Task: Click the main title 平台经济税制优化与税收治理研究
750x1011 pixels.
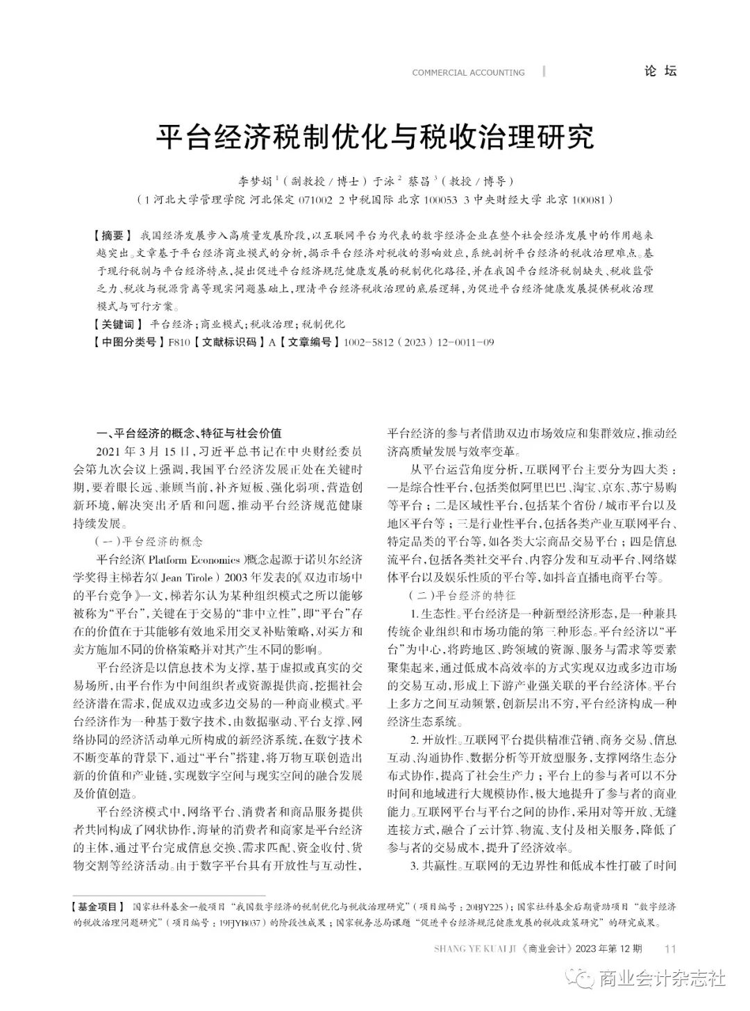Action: pyautogui.click(x=374, y=137)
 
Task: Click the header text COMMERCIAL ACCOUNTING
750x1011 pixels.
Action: pyautogui.click(x=468, y=72)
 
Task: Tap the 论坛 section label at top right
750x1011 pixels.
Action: pyautogui.click(x=659, y=71)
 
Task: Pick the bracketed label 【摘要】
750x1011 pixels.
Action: pyautogui.click(x=111, y=235)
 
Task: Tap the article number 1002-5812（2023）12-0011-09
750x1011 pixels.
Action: pyautogui.click(x=415, y=342)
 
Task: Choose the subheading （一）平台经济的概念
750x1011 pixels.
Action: pyautogui.click(x=149, y=541)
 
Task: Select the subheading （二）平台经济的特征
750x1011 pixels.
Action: pyautogui.click(x=462, y=595)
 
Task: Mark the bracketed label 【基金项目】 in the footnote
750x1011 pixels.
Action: pyautogui.click(x=99, y=907)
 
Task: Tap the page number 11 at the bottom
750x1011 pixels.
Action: pyautogui.click(x=670, y=949)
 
